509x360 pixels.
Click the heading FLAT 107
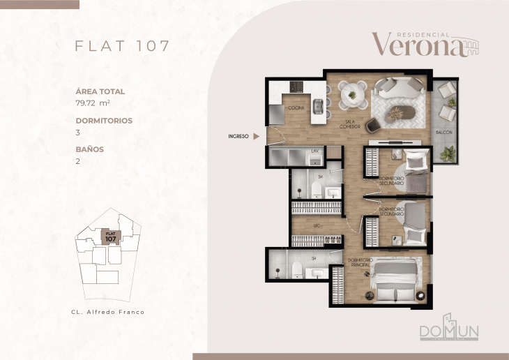coord(122,46)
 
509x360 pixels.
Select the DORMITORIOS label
coord(104,120)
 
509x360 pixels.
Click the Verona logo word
coord(417,44)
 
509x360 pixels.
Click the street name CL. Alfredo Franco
coord(108,312)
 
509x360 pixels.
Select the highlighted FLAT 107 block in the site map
coord(110,237)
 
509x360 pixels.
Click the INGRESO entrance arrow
coord(256,137)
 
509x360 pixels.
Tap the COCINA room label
coord(296,109)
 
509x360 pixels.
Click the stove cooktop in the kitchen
coord(296,87)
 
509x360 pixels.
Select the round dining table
coord(353,92)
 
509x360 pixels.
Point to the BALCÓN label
coord(444,131)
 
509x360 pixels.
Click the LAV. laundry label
coord(314,150)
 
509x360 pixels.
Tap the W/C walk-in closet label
coord(316,226)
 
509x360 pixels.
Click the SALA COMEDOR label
coord(349,123)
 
